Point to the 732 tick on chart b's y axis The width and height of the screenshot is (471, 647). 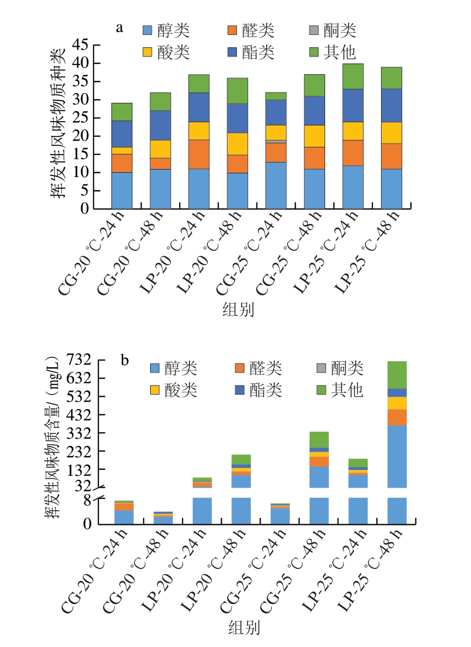point(76,360)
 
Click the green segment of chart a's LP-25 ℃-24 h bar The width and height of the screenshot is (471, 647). point(353,76)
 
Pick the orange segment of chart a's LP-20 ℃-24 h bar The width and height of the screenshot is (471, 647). point(199,154)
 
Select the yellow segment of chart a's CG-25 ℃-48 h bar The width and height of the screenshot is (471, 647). point(314,136)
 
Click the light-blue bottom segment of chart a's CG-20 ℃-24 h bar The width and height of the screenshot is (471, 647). point(122,191)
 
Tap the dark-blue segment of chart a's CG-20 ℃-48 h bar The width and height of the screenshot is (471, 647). point(160,125)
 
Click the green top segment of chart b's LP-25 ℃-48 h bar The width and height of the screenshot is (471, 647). point(397,375)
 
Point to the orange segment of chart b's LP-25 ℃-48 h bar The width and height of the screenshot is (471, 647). point(397,417)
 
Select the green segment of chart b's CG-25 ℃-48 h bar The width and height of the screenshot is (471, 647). point(319,440)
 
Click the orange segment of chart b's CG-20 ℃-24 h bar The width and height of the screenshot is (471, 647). point(124,507)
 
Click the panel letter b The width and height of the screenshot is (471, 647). point(125,360)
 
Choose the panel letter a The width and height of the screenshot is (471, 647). point(119,27)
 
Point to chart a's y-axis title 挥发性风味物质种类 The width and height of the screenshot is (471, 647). point(58,124)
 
